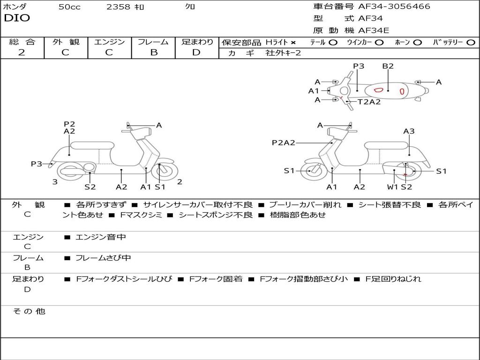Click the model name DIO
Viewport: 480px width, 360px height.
click(x=17, y=18)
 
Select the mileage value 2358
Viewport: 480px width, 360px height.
click(x=118, y=7)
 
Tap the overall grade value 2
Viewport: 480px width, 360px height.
click(x=22, y=52)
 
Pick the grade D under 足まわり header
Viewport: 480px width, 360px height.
click(x=196, y=52)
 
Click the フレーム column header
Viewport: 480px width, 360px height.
click(x=153, y=42)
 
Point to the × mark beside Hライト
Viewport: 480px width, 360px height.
click(x=293, y=43)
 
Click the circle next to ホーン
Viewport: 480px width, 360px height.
click(x=418, y=43)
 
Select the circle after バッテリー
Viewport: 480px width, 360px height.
click(x=471, y=43)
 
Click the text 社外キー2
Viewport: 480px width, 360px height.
click(x=283, y=53)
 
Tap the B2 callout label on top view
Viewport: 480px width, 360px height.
click(x=388, y=67)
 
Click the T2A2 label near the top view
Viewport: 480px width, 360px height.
click(x=369, y=102)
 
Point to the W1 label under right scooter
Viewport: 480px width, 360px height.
click(x=392, y=187)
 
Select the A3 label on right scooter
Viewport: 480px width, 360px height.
click(x=409, y=131)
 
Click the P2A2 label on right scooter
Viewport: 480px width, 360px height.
click(x=283, y=143)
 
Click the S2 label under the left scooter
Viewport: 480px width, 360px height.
click(x=90, y=187)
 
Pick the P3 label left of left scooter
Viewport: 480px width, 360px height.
click(x=37, y=164)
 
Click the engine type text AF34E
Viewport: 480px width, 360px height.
click(x=374, y=30)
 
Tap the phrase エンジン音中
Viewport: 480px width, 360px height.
click(x=101, y=237)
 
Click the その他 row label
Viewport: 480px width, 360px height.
click(x=29, y=311)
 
